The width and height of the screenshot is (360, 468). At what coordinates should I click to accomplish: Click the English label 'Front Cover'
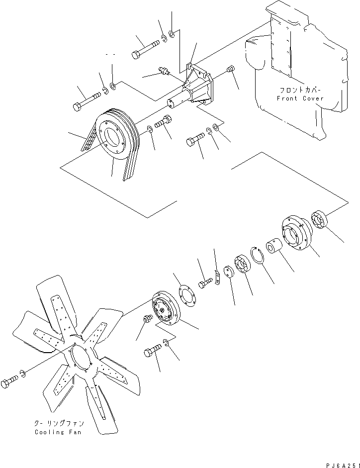(x=300, y=98)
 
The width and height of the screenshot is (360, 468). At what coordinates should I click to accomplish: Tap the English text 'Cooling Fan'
(x=56, y=432)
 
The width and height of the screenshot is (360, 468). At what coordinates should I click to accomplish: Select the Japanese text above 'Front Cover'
(x=300, y=91)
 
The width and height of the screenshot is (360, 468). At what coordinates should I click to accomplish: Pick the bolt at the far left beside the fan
(x=9, y=383)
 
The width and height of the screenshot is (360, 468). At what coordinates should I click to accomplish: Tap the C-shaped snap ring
(x=258, y=257)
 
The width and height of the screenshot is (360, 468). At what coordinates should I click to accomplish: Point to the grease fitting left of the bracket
(x=164, y=72)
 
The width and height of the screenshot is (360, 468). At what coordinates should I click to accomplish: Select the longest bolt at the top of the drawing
(x=145, y=48)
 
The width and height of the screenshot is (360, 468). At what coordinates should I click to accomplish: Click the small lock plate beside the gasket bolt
(x=217, y=278)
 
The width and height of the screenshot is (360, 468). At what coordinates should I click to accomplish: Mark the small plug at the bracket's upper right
(x=230, y=69)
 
